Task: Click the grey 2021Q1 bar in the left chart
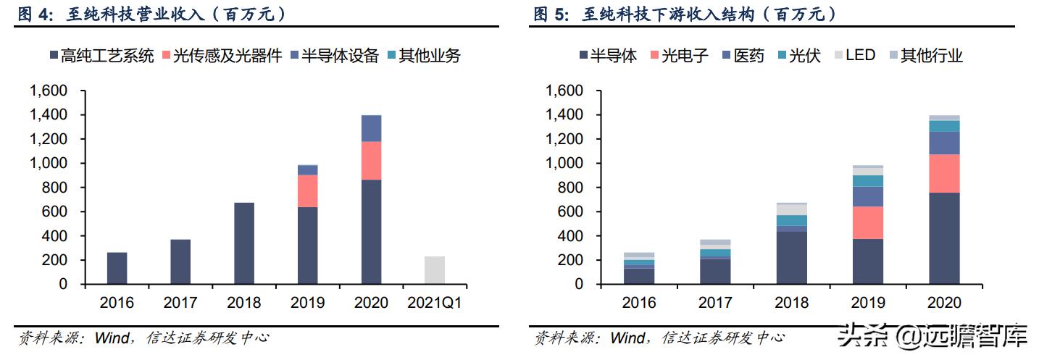(x=435, y=269)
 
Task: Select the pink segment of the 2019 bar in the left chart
(x=307, y=191)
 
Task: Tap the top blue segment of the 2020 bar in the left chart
(x=371, y=128)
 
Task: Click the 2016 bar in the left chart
(x=117, y=268)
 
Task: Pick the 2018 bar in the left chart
(x=244, y=243)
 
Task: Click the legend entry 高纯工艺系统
(x=101, y=56)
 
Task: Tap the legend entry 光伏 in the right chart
(x=798, y=56)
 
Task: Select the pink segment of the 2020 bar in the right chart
(x=943, y=173)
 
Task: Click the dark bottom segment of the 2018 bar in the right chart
(x=791, y=257)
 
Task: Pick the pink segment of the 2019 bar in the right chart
(x=867, y=222)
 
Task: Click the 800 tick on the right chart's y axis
(x=569, y=188)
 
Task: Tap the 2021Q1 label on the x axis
(x=435, y=302)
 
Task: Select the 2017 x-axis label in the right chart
(x=715, y=302)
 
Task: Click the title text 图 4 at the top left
(x=34, y=14)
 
